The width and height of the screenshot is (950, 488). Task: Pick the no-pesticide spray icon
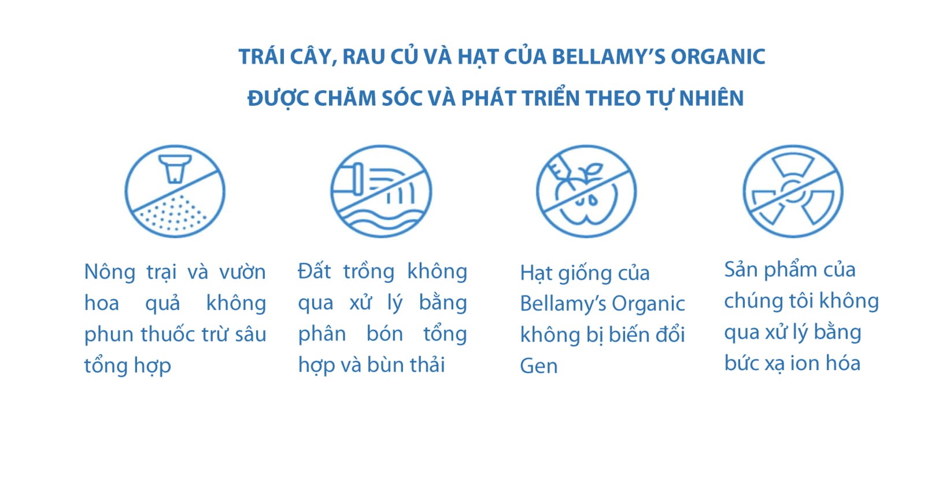(x=175, y=191)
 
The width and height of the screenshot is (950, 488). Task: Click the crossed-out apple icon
(x=586, y=191)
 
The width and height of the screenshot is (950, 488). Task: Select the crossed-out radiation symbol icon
(x=793, y=191)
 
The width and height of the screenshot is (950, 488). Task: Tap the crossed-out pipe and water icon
(x=381, y=191)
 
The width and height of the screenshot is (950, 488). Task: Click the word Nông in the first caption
(x=110, y=272)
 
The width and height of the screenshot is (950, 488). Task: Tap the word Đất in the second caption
(x=315, y=271)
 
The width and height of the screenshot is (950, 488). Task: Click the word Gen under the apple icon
(x=538, y=366)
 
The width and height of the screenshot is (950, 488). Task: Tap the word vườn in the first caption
(x=242, y=272)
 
